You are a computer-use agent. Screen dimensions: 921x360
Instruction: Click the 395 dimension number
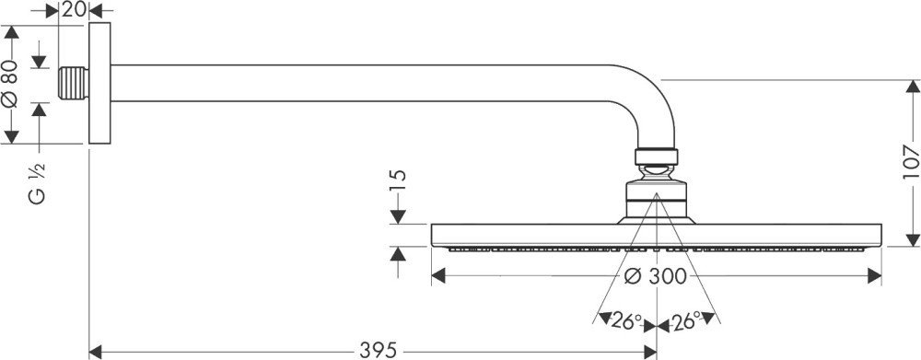click(379, 351)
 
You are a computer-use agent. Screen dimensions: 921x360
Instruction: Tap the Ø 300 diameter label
click(655, 275)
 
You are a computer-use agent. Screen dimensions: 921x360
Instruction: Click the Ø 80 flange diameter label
click(10, 84)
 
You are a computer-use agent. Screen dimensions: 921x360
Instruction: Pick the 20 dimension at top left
click(73, 9)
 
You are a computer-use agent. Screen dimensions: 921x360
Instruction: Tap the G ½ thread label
click(36, 183)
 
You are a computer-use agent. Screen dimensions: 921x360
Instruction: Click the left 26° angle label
click(626, 320)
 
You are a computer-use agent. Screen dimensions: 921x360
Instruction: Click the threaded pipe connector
click(74, 83)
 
